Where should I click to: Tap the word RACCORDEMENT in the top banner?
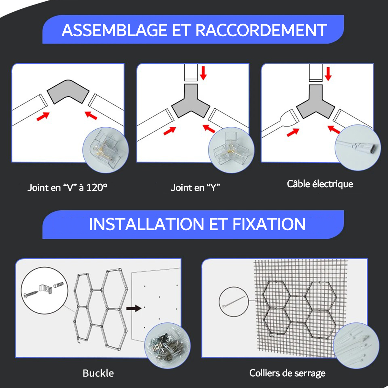[x=261, y=30]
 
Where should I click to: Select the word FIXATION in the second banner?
[x=269, y=224]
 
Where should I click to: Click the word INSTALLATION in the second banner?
[x=146, y=224]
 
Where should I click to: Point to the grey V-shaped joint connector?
[x=68, y=92]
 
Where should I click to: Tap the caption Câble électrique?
[x=320, y=184]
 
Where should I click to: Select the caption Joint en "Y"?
[x=195, y=188]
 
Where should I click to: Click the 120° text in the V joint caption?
[x=97, y=188]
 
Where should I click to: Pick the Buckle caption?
[x=98, y=373]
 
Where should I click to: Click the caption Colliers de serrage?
[x=287, y=373]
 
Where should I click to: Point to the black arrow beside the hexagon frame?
[x=134, y=308]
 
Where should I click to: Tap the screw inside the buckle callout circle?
[x=31, y=292]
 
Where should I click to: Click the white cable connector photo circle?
[x=358, y=147]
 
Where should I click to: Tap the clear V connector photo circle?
[x=106, y=150]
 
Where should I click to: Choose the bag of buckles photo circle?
[x=167, y=346]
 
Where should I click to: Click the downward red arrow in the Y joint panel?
[x=203, y=73]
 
